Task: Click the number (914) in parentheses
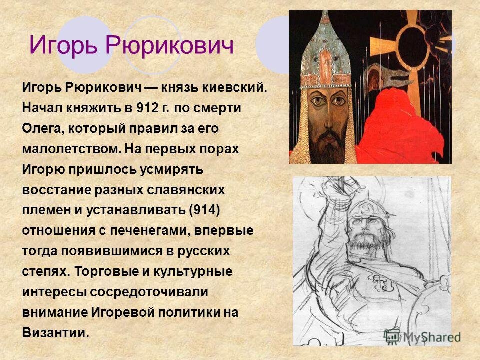[x=204, y=209]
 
